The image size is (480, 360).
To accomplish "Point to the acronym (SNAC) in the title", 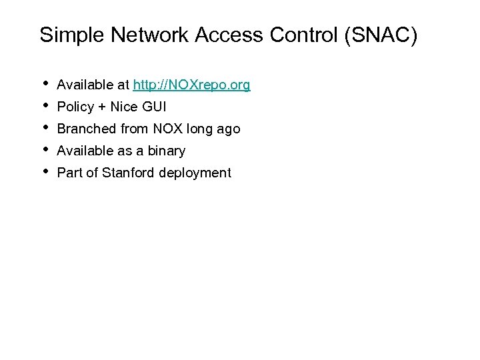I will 381,35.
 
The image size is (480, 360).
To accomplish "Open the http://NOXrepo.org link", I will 191,85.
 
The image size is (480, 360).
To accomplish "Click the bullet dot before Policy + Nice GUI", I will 45,105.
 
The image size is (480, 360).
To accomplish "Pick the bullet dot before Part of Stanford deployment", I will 45,171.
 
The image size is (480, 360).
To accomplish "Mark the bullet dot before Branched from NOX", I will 45,127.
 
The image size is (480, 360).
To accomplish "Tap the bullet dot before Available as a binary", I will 45,149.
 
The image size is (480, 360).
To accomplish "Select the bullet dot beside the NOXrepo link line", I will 45,83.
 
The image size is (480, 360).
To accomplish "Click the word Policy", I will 75,107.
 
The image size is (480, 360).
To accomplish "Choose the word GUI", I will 153,107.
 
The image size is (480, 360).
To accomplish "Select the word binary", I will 166,151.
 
